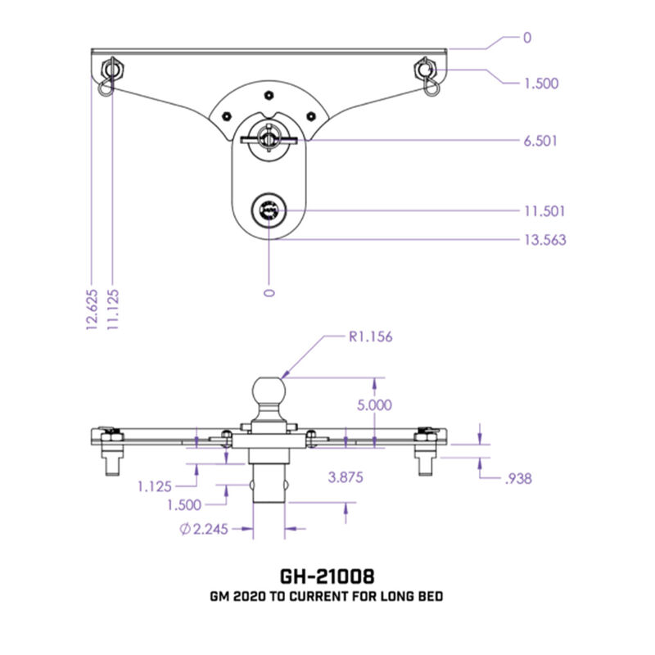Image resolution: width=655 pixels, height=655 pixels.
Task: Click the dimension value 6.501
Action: click(x=541, y=141)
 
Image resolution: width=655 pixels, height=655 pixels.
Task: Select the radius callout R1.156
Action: click(x=369, y=335)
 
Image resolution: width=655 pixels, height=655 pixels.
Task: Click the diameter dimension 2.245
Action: click(x=202, y=529)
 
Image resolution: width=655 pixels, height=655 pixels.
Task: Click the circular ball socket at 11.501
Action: click(x=269, y=212)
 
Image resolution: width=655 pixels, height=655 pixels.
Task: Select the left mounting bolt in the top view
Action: click(x=112, y=69)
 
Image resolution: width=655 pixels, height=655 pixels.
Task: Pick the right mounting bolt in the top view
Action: click(x=425, y=69)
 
